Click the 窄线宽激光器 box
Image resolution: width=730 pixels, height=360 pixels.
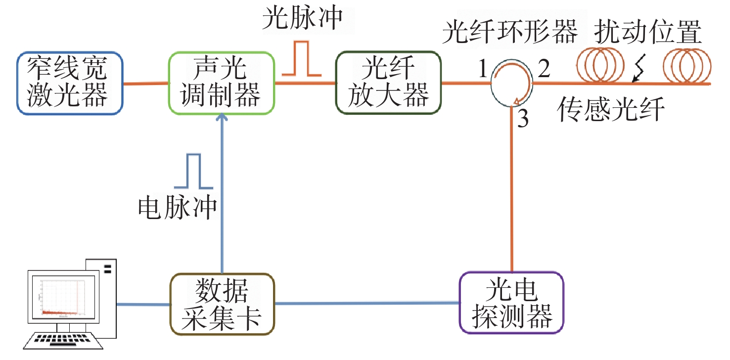pyautogui.click(x=69, y=83)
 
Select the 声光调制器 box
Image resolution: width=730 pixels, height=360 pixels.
pyautogui.click(x=221, y=83)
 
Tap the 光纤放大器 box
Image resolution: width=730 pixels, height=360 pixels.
pyautogui.click(x=388, y=83)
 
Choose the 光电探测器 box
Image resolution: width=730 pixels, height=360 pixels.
pyautogui.click(x=511, y=302)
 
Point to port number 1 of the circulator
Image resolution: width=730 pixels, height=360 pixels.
pyautogui.click(x=483, y=71)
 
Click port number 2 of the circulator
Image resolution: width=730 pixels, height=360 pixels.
pyautogui.click(x=543, y=71)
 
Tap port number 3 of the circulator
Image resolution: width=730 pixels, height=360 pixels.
pyautogui.click(x=523, y=119)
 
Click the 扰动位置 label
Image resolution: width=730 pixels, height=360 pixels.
pyautogui.click(x=647, y=34)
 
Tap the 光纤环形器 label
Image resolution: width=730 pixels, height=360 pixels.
pyautogui.click(x=509, y=34)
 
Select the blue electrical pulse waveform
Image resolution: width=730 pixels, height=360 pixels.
pyautogui.click(x=194, y=172)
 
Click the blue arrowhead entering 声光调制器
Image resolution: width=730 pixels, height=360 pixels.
pyautogui.click(x=221, y=118)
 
